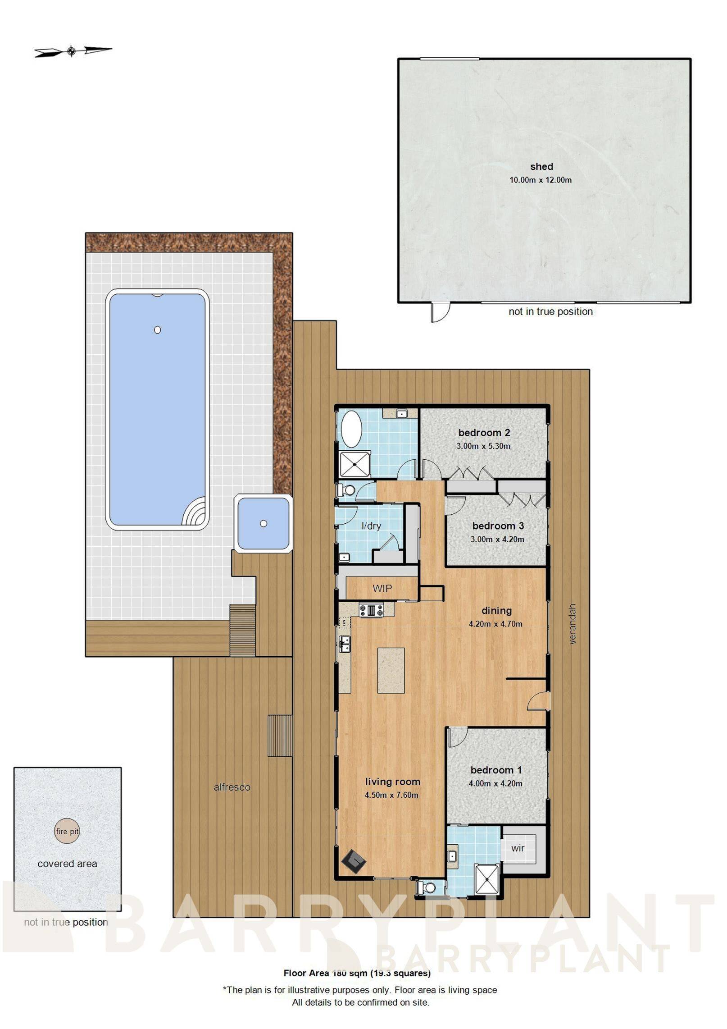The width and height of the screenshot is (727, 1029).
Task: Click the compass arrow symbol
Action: (72, 51)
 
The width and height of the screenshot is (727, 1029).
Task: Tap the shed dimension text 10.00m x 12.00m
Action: (540, 180)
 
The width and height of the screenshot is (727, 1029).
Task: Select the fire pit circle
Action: (67, 831)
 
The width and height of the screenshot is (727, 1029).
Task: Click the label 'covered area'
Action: (67, 864)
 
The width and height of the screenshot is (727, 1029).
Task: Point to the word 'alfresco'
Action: (232, 787)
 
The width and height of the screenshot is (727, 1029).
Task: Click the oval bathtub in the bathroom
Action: (351, 430)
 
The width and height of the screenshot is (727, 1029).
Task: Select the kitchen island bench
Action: (391, 670)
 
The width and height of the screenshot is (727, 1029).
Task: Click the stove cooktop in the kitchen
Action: (371, 610)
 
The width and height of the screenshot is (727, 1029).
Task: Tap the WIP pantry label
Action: (382, 588)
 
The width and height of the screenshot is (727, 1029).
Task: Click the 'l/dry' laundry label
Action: (371, 526)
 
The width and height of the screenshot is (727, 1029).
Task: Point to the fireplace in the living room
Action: (354, 861)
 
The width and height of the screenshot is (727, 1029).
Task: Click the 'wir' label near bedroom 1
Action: (518, 848)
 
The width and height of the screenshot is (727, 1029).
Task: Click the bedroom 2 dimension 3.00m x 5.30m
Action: (483, 446)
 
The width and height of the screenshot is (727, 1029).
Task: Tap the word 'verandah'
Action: (573, 624)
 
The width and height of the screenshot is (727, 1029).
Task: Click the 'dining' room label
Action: (496, 610)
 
